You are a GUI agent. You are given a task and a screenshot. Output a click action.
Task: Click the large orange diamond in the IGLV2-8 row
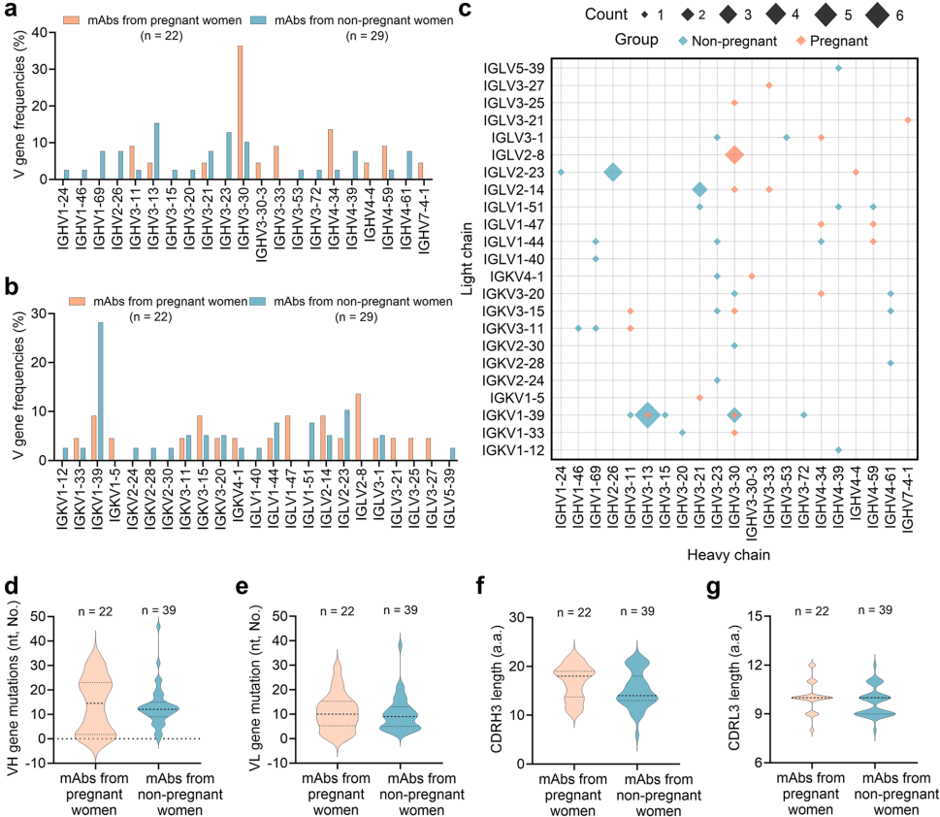point(734,154)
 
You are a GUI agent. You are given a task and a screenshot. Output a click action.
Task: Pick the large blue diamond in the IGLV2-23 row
point(613,172)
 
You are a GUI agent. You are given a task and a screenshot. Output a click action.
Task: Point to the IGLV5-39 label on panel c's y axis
point(516,67)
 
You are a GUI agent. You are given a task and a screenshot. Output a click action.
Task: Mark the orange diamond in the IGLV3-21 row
point(908,119)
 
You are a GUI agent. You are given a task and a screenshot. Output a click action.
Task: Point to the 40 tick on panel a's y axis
point(38,32)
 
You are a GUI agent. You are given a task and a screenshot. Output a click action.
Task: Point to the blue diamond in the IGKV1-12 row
point(838,449)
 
